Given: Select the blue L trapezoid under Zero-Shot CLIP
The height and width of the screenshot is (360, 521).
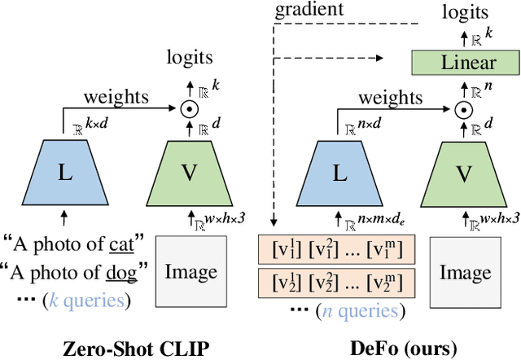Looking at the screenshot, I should (63, 174).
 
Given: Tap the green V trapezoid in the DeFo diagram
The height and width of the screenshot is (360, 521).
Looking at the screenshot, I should (463, 174).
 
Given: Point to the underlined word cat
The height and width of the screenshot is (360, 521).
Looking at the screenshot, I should (122, 242).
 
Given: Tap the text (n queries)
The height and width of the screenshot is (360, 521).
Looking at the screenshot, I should (358, 310).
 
